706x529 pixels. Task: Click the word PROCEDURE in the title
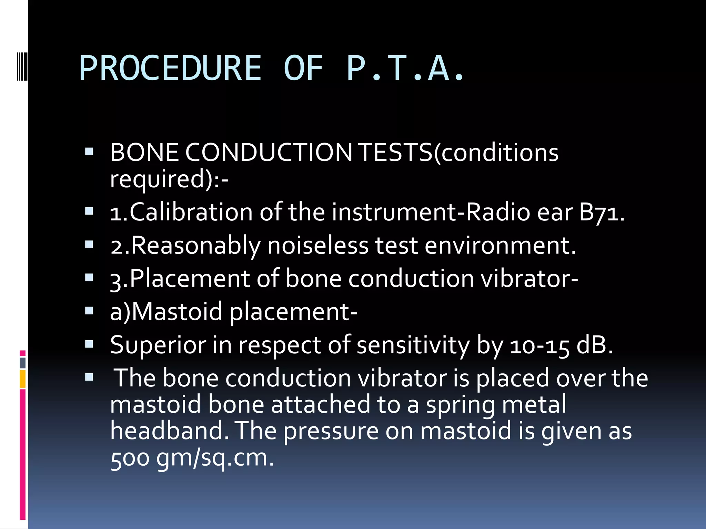point(170,68)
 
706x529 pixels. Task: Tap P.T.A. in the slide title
point(405,68)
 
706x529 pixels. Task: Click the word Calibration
point(191,212)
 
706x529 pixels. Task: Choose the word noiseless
point(318,246)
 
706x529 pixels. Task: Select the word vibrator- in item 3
point(529,278)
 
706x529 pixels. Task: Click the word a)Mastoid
point(166,311)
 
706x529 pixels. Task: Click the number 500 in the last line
point(130,458)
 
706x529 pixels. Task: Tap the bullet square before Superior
point(89,344)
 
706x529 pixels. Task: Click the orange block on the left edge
point(23,379)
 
